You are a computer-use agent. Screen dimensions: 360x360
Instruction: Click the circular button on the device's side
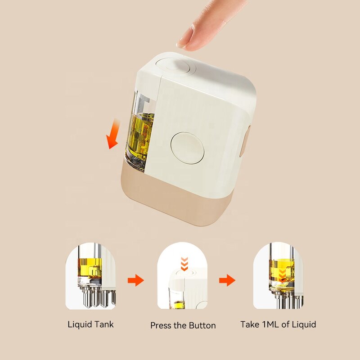point(187,147)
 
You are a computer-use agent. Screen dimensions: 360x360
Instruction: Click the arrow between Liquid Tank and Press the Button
point(135,281)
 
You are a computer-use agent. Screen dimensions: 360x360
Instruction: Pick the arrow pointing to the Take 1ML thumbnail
point(227,281)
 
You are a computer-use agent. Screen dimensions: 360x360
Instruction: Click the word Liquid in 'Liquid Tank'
point(78,324)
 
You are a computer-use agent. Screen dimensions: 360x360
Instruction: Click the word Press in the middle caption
point(161,325)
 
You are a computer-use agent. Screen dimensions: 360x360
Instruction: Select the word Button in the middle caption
point(202,325)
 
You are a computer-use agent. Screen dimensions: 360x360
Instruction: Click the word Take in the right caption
point(250,324)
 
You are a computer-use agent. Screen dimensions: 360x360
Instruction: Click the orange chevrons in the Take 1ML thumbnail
point(281,275)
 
